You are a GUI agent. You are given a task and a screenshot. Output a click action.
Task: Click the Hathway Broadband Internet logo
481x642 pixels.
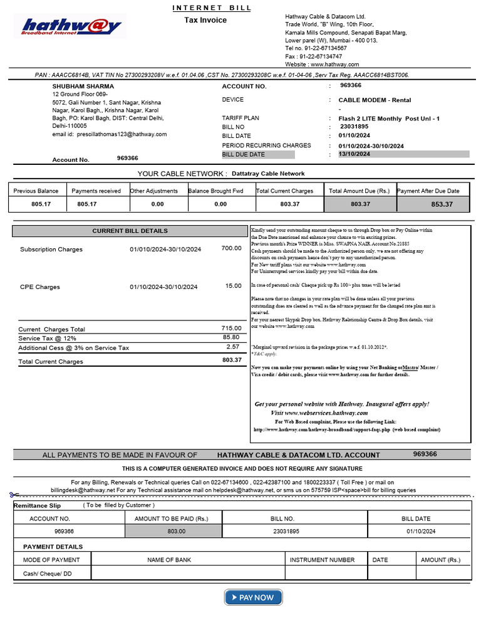tap(71, 26)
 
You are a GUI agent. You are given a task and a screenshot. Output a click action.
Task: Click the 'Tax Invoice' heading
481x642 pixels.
tap(205, 21)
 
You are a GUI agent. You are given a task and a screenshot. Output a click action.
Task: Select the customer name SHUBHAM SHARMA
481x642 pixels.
tap(83, 86)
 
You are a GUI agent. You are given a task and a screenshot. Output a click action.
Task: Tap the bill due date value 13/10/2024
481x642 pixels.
tap(354, 154)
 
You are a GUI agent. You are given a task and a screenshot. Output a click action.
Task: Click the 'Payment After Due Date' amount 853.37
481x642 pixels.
tap(442, 204)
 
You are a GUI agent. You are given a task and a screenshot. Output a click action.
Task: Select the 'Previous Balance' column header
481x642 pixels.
tap(36, 191)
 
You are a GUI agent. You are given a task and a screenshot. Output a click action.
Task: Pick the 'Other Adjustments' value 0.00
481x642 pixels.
tap(157, 204)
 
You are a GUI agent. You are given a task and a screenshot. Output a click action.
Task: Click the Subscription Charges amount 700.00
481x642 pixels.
tap(231, 248)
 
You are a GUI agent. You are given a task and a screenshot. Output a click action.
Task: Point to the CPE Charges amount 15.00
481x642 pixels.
tap(233, 286)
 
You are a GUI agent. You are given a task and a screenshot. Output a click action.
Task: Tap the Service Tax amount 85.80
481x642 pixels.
tap(231, 337)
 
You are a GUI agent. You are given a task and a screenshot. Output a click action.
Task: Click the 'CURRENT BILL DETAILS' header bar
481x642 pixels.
tap(130, 231)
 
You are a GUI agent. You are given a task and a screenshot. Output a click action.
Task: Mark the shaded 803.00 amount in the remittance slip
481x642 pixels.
tap(176, 531)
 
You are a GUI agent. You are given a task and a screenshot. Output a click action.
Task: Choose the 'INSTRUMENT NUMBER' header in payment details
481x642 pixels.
tap(322, 560)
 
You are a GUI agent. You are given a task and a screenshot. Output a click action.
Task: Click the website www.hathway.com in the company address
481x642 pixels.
tap(334, 65)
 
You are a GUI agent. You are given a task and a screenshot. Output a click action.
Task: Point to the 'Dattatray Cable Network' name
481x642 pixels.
tap(268, 174)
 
